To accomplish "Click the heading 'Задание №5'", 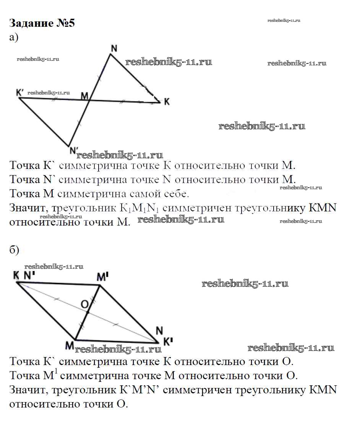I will tap(42, 23).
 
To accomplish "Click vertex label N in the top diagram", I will tap(114, 48).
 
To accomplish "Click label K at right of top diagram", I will tap(167, 102).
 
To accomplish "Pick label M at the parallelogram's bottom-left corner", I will tap(69, 345).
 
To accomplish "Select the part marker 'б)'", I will tap(14, 250).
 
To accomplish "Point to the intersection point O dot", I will tap(88, 312).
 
